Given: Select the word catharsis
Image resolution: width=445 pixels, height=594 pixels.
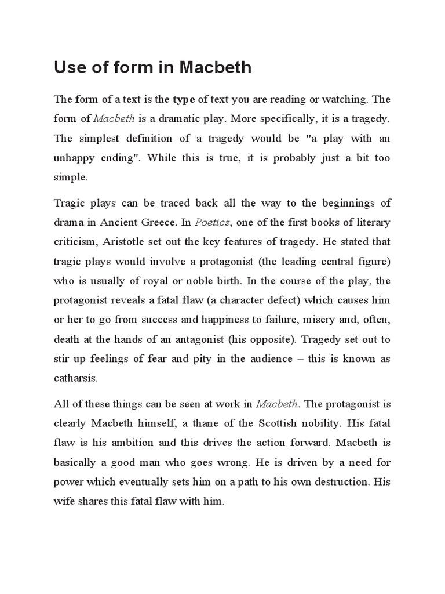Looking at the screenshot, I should pyautogui.click(x=76, y=378).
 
